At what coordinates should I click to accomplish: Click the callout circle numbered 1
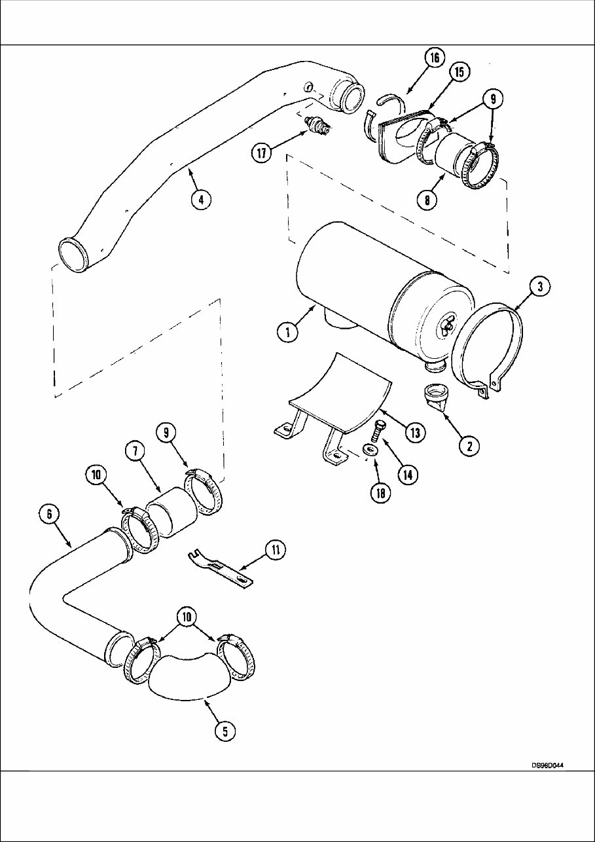[x=286, y=332]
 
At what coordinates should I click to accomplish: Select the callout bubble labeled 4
[x=202, y=200]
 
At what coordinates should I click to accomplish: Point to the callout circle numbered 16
[x=433, y=58]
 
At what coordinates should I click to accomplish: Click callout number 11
[x=276, y=551]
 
